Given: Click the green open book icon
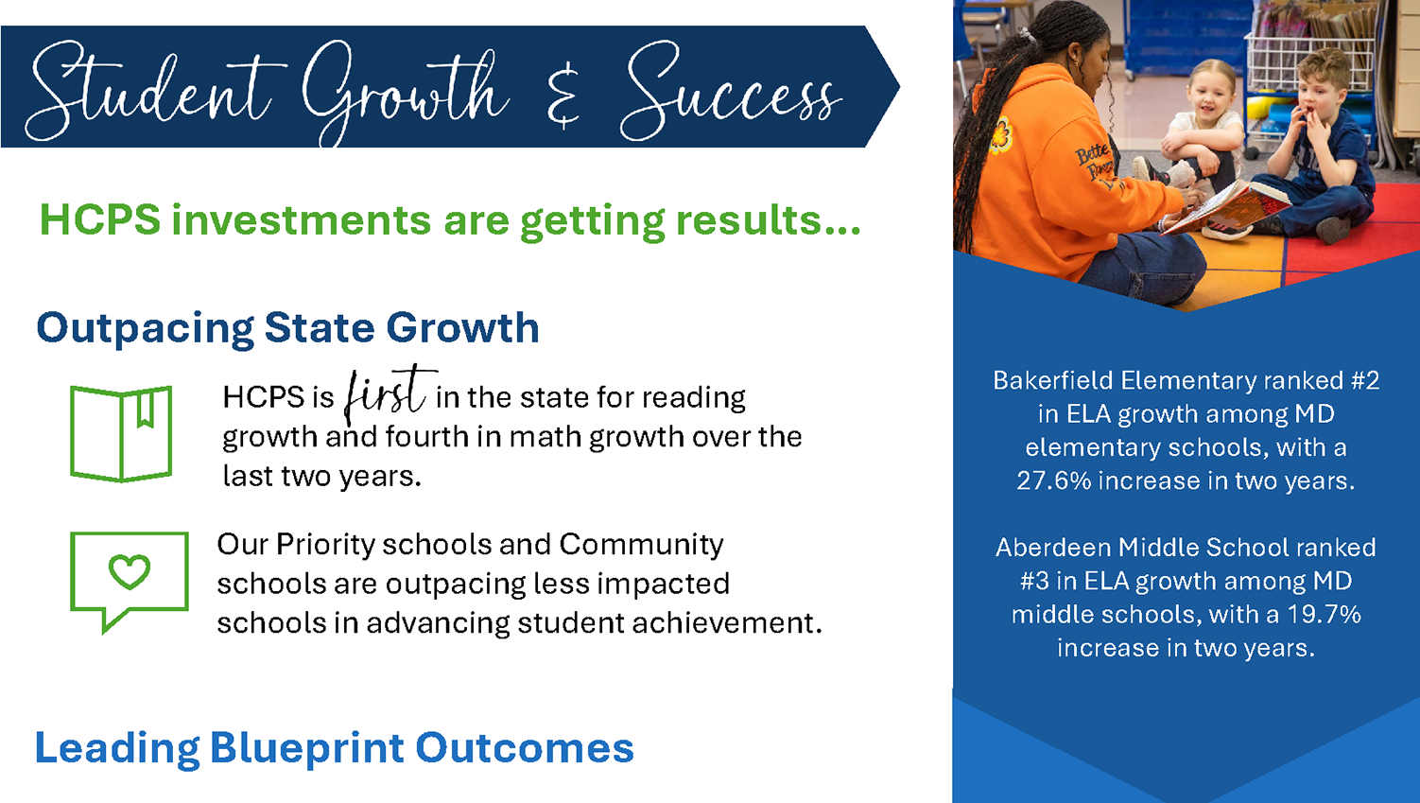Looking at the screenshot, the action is coord(121,434).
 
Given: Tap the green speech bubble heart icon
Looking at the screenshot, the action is coord(130,582).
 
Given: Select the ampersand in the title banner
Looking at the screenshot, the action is coord(563,96).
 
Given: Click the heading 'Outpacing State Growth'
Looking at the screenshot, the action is coord(287,328).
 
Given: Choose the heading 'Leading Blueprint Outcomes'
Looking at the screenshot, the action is coord(334,748).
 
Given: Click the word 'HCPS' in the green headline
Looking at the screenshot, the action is coord(100,220).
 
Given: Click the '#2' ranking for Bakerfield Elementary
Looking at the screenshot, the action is coord(1365,380).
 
